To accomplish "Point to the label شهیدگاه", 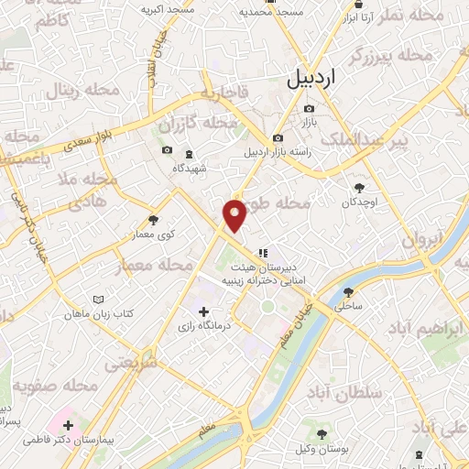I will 190,169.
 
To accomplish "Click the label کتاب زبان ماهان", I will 99,313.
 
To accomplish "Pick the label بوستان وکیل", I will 321,446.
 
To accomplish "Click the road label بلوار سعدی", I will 90,142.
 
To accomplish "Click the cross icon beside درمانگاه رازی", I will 203,311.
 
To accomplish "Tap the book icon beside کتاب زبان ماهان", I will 99,300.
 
